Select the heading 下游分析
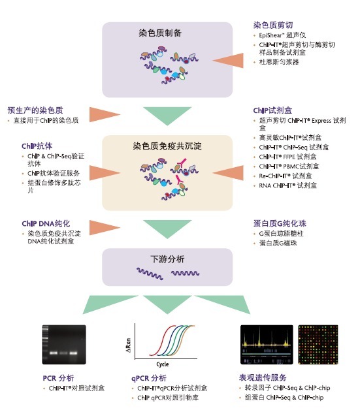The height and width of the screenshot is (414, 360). [169, 259]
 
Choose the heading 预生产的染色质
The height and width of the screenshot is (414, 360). [40, 110]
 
